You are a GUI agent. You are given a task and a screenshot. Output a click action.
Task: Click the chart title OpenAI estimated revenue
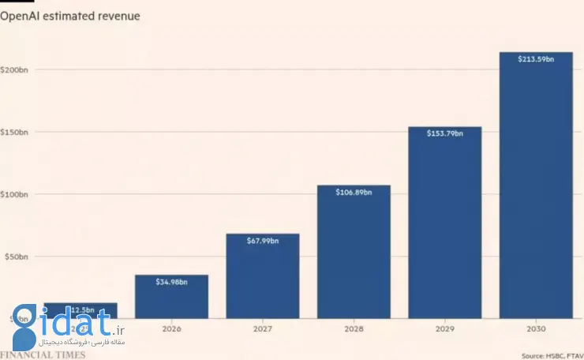click(70, 16)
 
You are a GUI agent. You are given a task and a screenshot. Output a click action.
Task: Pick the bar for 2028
click(354, 252)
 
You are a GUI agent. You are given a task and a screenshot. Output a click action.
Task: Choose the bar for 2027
click(262, 276)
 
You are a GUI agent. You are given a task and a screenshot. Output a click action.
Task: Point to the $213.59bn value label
click(536, 59)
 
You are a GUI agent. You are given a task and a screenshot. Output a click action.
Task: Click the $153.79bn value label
click(444, 133)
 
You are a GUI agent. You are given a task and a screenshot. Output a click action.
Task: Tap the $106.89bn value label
click(354, 192)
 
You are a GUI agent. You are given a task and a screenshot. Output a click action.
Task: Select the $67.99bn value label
click(262, 241)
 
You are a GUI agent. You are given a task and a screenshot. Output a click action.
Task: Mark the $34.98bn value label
click(171, 282)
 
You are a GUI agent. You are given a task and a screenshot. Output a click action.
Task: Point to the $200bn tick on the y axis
click(15, 69)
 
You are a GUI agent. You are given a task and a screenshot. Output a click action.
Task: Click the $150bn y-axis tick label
click(15, 132)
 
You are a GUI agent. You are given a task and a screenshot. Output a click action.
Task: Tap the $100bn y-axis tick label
click(15, 194)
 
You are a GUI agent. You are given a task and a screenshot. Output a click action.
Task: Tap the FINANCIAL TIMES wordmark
click(43, 354)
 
